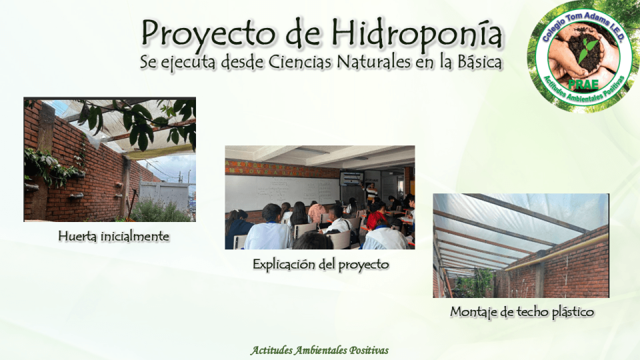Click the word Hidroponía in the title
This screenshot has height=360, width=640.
(x=417, y=33)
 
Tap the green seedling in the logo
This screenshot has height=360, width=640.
(x=587, y=50)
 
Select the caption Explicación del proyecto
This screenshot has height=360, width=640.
(x=320, y=264)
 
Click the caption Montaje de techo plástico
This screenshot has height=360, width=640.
(x=521, y=311)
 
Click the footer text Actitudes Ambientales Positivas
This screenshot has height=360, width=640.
(x=319, y=350)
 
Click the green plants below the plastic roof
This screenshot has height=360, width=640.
(x=475, y=285)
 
